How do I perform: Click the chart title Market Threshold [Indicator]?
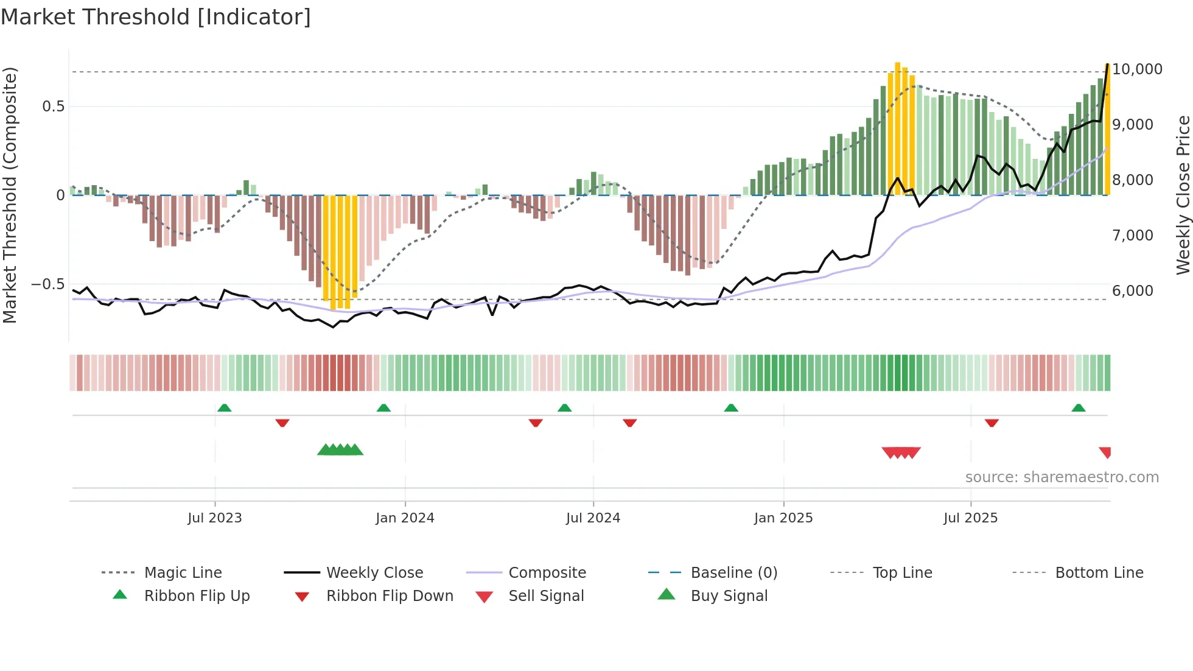coord(156,17)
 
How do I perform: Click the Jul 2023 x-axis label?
coord(214,518)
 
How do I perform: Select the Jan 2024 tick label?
coord(405,518)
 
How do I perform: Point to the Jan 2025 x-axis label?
coord(783,518)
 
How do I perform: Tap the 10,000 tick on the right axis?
coord(1137,69)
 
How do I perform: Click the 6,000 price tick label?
coord(1132,290)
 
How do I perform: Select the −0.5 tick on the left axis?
coord(47,284)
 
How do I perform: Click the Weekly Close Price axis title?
coord(1182,195)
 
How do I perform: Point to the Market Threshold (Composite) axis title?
coord(10,195)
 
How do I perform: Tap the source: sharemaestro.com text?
coord(1062,477)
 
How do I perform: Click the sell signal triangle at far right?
coord(1105,452)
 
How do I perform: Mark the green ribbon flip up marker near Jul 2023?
coord(224,408)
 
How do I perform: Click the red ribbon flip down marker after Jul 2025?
coord(992,422)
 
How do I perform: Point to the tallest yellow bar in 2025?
coord(897,128)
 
